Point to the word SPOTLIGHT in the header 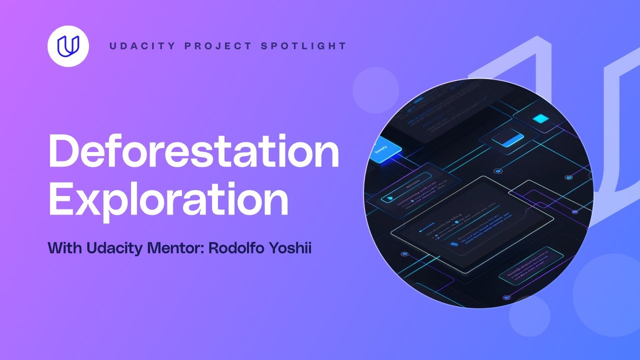click(x=303, y=46)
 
